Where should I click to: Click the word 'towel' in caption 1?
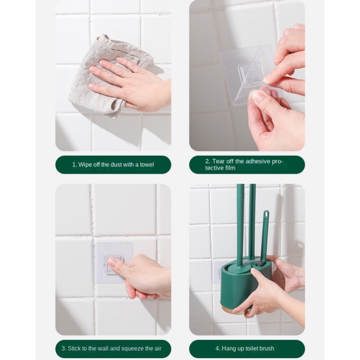[x=147, y=165]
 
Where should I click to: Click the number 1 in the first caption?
[x=74, y=165]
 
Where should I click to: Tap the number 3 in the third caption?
[x=63, y=349]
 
